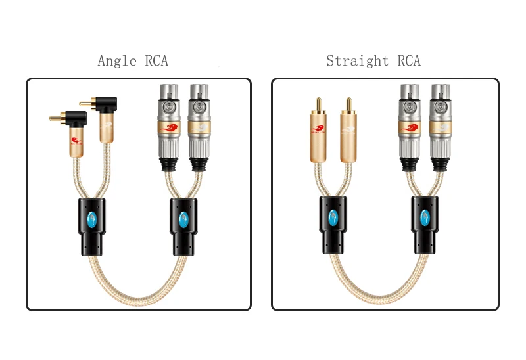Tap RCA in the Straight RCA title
(x=408, y=61)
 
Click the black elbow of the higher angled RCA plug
(x=108, y=103)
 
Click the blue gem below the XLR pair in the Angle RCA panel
(x=182, y=218)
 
